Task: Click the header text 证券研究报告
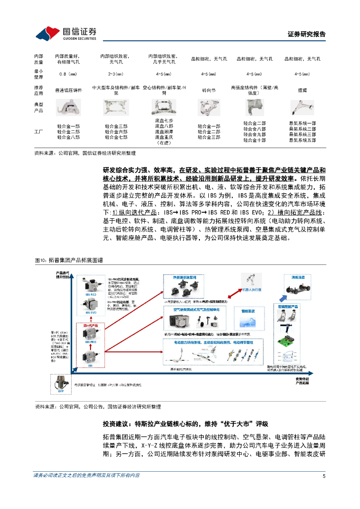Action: [x=307, y=34]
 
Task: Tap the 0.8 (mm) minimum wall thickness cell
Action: [x=68, y=74]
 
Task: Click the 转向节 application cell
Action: [x=208, y=90]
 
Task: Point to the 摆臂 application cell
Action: [x=302, y=90]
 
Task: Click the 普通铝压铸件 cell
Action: [x=68, y=90]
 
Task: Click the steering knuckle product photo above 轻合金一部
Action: [x=208, y=108]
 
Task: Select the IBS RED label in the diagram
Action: [x=90, y=294]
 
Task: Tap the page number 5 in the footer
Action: [x=324, y=475]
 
